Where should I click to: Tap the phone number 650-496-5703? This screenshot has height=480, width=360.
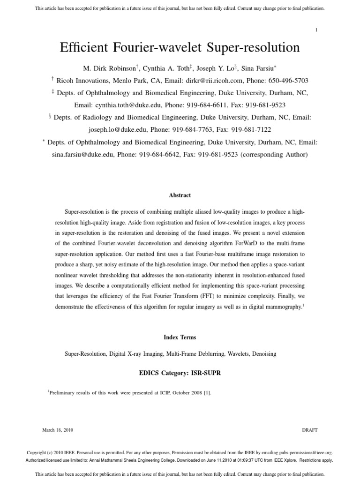[287, 81]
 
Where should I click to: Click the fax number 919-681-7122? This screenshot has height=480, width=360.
[251, 129]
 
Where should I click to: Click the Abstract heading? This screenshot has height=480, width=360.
[180, 195]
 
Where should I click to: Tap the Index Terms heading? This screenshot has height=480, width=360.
[180, 337]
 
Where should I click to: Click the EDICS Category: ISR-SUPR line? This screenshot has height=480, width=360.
[180, 373]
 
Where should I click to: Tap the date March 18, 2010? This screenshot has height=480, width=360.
[58, 430]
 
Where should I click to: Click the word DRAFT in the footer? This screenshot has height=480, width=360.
[309, 430]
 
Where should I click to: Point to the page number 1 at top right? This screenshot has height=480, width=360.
[316, 30]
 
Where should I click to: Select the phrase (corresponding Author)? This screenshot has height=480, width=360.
[274, 154]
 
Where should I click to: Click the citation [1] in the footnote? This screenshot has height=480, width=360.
[207, 393]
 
